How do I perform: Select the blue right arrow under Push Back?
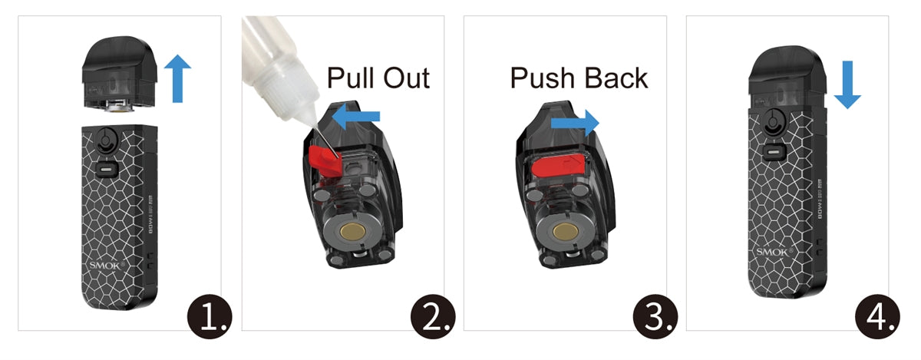pyautogui.click(x=575, y=122)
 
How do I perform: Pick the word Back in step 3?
pyautogui.click(x=615, y=78)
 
